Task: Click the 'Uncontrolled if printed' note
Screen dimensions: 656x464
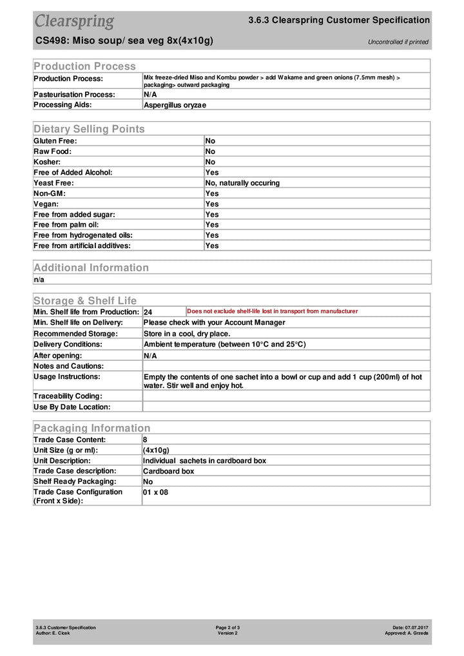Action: tap(398, 42)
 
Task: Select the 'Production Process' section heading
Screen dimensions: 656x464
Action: tap(84, 66)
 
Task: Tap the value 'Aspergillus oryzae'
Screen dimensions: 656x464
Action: tap(175, 104)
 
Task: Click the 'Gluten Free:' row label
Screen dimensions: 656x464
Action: tap(55, 140)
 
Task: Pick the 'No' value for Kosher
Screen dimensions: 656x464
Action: tap(210, 162)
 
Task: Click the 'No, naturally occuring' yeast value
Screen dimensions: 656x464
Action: tap(242, 183)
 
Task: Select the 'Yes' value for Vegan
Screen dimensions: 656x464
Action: tap(212, 204)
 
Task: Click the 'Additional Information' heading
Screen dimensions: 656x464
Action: tap(91, 267)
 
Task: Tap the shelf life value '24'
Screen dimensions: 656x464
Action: tap(148, 312)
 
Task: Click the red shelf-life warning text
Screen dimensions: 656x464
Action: tap(272, 311)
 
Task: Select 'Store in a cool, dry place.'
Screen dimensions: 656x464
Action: tap(186, 334)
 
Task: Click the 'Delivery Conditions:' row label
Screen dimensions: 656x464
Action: tap(67, 344)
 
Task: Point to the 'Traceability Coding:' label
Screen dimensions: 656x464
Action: tap(68, 396)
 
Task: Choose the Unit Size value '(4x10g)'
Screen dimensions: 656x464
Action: tap(156, 450)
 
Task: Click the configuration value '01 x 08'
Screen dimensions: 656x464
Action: tap(155, 492)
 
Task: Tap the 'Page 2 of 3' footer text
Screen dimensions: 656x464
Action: tap(228, 627)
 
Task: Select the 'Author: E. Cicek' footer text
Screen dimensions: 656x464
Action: tap(53, 633)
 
